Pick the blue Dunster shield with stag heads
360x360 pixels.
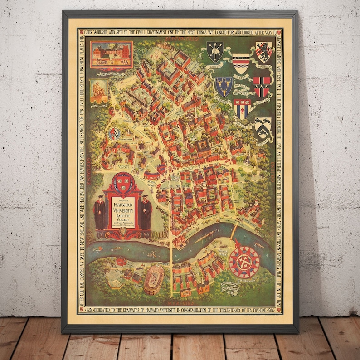point(223,86)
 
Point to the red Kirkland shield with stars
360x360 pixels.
point(262,86)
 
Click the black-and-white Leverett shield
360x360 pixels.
point(263,127)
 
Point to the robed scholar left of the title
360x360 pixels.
point(100,212)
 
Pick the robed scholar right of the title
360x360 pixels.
point(145,214)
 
